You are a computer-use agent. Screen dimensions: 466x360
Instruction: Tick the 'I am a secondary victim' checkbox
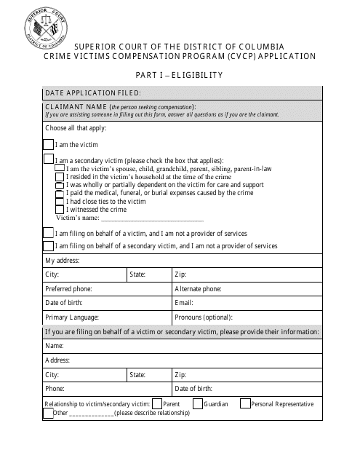[49, 159]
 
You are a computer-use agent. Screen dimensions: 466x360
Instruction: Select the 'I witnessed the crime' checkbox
[60, 209]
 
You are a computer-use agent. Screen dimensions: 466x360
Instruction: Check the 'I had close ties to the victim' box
[60, 201]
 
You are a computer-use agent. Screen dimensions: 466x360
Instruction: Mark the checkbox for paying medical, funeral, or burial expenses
[60, 193]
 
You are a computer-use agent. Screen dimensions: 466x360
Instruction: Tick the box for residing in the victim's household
[60, 176]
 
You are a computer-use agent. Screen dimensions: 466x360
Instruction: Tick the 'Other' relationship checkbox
[49, 413]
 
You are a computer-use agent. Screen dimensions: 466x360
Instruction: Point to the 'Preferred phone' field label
[69, 288]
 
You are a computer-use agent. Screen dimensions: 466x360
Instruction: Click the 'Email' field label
[184, 303]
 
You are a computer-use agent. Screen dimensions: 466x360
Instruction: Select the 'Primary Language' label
[72, 317]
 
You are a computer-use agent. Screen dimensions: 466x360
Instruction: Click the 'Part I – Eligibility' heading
[179, 74]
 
